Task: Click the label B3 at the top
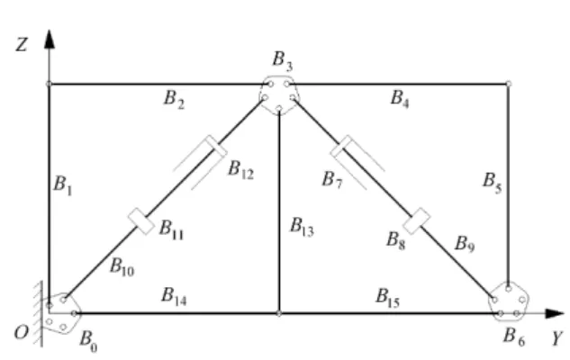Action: point(283,60)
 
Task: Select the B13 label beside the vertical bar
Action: point(302,227)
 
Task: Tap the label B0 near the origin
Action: point(88,341)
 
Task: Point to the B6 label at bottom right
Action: point(514,337)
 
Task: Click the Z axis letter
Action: point(22,45)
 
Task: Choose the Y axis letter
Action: point(557,338)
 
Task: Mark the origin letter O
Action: point(21,332)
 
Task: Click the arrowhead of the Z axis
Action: point(50,40)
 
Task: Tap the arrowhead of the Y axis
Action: point(555,313)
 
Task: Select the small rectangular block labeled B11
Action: point(141,221)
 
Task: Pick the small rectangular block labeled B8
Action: point(417,221)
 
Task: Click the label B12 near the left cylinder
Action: point(240,170)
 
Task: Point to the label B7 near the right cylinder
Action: point(332,180)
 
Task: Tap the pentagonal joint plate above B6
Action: point(509,301)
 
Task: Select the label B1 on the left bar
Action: point(62,185)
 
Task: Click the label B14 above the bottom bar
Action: point(174,296)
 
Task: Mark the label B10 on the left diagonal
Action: point(122,267)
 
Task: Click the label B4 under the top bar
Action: point(400,98)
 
